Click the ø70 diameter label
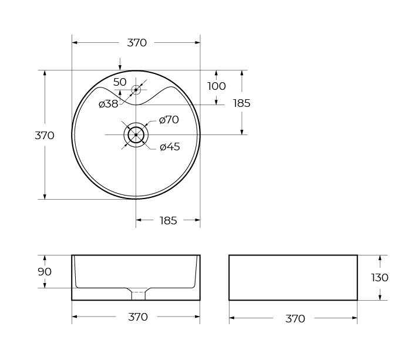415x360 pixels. click(x=169, y=120)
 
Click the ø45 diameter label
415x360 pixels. click(x=170, y=147)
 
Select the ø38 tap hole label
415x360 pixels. click(x=108, y=104)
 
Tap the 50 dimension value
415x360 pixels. click(x=120, y=82)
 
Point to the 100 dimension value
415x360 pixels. click(x=217, y=86)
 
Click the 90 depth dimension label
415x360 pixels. click(x=45, y=271)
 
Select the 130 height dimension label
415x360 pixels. click(x=380, y=278)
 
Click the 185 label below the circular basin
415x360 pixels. click(x=168, y=220)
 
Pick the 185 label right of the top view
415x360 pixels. click(x=241, y=103)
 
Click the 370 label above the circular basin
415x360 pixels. click(x=137, y=43)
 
